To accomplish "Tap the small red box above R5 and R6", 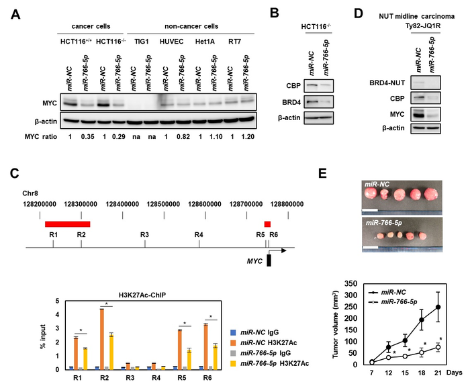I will tap(267, 224).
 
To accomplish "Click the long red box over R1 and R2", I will tap(67, 224).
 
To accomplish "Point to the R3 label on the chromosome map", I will tap(144, 234).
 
